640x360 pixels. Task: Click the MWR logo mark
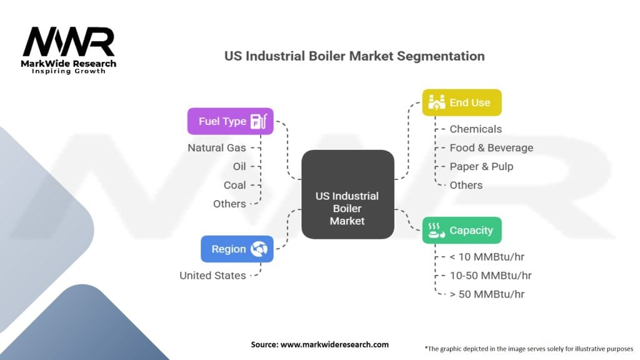(x=69, y=42)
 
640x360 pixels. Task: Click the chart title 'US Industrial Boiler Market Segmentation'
(x=354, y=56)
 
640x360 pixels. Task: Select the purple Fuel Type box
(x=230, y=121)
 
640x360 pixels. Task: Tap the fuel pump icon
(x=259, y=121)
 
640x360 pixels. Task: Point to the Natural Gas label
(x=217, y=147)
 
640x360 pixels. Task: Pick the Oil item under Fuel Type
(x=239, y=166)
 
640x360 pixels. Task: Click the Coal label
(x=235, y=185)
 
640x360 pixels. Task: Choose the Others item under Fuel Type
(x=229, y=204)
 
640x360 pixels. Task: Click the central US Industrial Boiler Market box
(x=347, y=194)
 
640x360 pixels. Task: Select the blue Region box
(x=237, y=249)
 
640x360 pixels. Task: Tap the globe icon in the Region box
(x=259, y=249)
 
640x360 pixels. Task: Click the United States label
(x=212, y=276)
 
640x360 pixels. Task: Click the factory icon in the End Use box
(x=436, y=102)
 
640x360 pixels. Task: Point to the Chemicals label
(x=476, y=129)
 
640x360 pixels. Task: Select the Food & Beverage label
(x=491, y=147)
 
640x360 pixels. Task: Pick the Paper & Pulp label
(x=481, y=166)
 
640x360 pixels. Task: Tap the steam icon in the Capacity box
(x=436, y=230)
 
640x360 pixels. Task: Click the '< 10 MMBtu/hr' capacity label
(x=487, y=257)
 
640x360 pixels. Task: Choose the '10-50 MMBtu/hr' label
(x=491, y=276)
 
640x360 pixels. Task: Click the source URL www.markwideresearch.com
(x=335, y=344)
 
